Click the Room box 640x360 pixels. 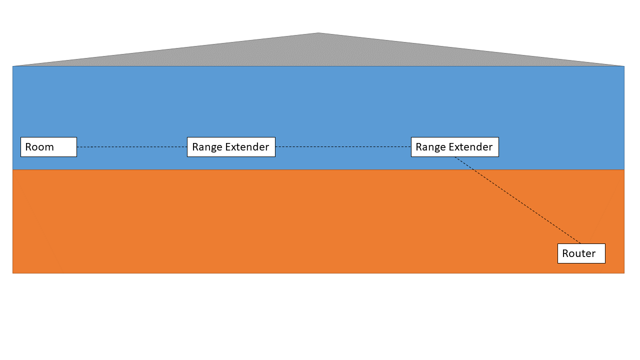pyautogui.click(x=48, y=147)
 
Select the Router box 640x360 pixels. pyautogui.click(x=581, y=253)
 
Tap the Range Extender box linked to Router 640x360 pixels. pyautogui.click(x=454, y=147)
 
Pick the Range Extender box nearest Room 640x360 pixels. pyautogui.click(x=231, y=147)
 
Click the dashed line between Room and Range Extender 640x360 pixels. pyautogui.click(x=131, y=147)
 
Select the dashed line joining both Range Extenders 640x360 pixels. pyautogui.click(x=343, y=146)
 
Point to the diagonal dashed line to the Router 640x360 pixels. pyautogui.click(x=517, y=200)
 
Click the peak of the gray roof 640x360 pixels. pyautogui.click(x=318, y=33)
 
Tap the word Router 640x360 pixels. pyautogui.click(x=578, y=253)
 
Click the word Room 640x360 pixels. pyautogui.click(x=39, y=147)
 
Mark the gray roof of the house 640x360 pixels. pyautogui.click(x=318, y=52)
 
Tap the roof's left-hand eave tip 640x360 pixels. pyautogui.click(x=14, y=65)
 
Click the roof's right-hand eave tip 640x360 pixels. pyautogui.click(x=623, y=65)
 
